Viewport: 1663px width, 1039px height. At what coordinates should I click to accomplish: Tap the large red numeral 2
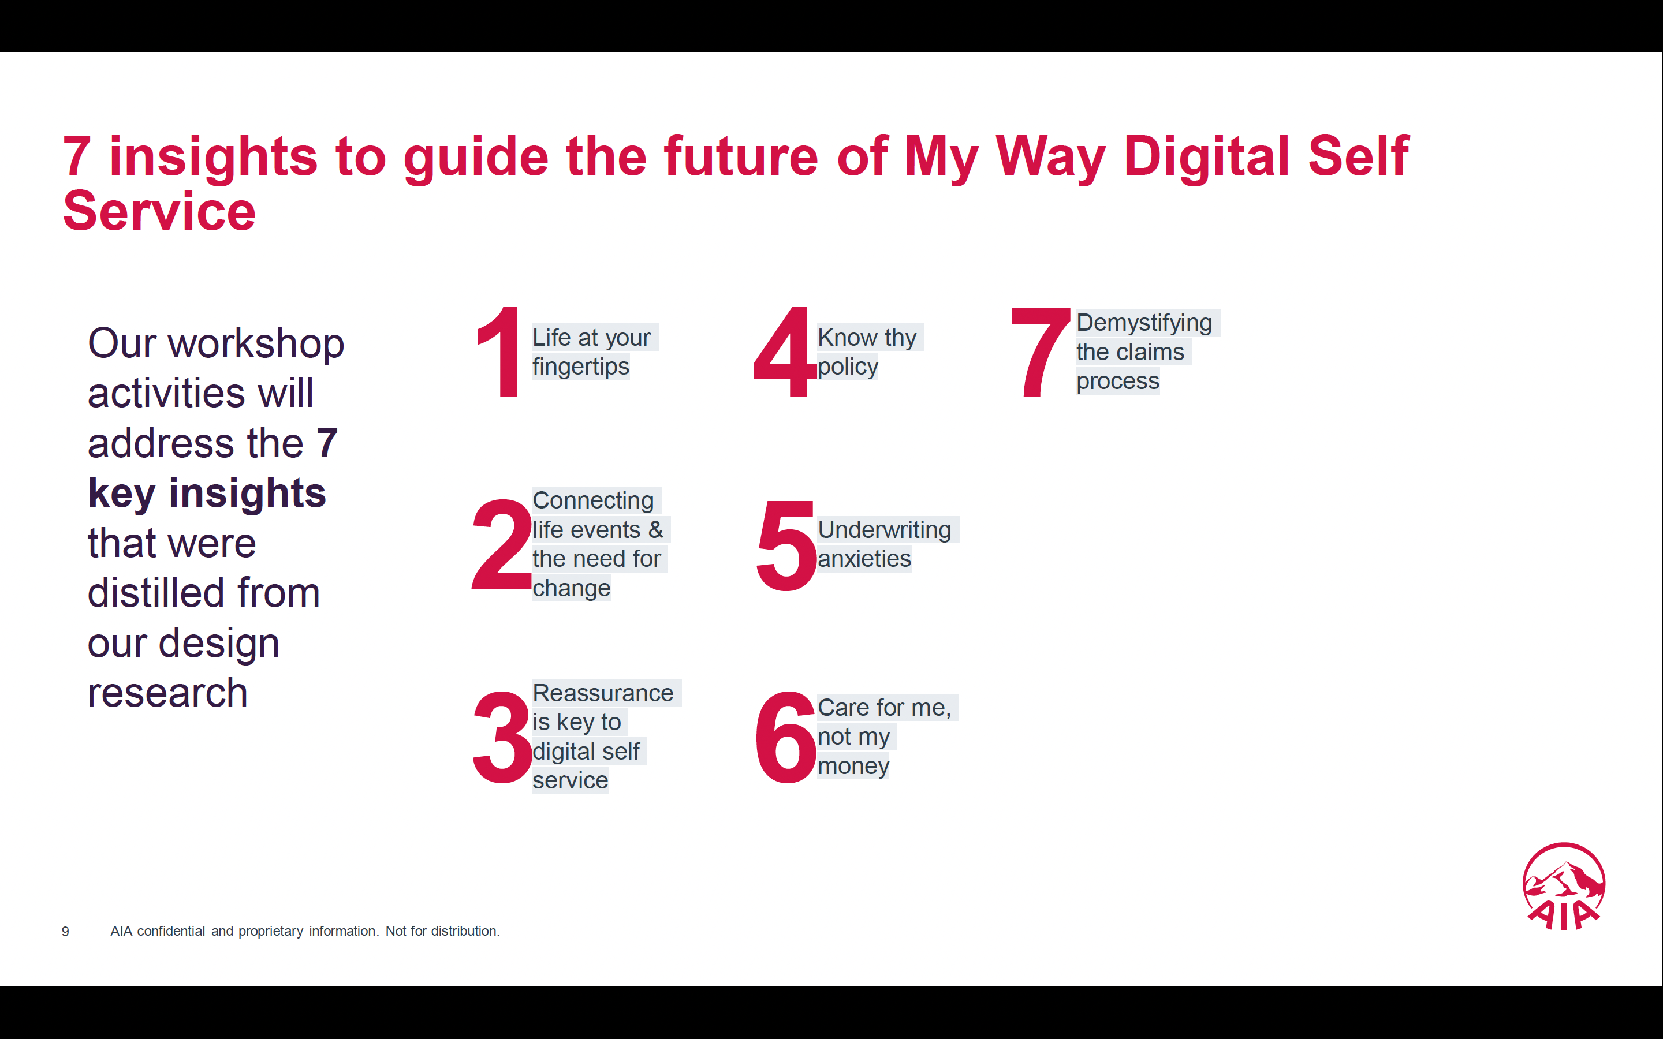(x=502, y=544)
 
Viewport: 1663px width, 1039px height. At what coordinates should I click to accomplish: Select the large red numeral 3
(x=502, y=737)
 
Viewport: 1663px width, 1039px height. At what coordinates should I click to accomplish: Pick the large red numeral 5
(x=785, y=545)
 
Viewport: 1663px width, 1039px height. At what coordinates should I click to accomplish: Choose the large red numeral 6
(x=785, y=737)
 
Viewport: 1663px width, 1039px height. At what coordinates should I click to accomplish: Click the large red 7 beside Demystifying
(x=1041, y=353)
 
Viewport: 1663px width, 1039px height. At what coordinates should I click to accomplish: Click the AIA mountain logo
(x=1563, y=887)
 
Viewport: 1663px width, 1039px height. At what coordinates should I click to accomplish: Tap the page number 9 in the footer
(x=65, y=932)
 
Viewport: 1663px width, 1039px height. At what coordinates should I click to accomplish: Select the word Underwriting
(x=885, y=530)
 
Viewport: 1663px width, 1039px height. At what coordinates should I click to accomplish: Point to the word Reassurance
(x=603, y=693)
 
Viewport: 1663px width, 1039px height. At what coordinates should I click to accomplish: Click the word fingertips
(x=581, y=367)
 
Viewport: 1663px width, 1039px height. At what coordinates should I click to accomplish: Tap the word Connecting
(x=593, y=501)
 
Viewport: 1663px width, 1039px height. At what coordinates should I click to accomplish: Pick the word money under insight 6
(x=853, y=766)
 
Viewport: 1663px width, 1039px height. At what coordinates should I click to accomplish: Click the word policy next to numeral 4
(x=848, y=367)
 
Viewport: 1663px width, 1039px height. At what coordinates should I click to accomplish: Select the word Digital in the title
(x=1207, y=156)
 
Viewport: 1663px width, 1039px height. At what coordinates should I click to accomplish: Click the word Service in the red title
(x=159, y=211)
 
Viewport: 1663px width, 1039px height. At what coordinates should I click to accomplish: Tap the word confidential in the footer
(x=171, y=931)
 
